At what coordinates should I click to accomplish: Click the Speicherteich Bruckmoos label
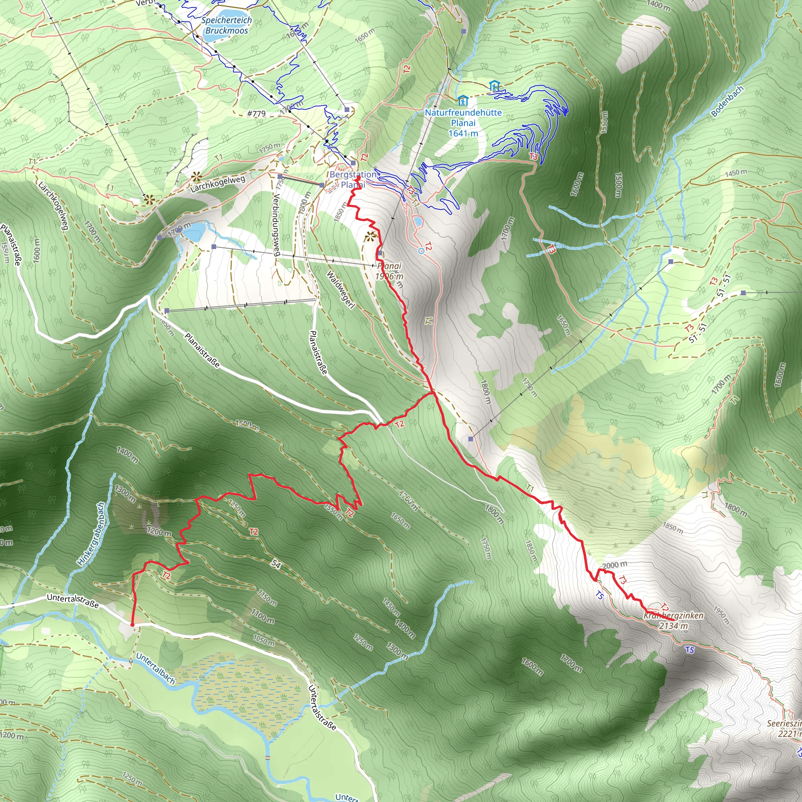click(226, 25)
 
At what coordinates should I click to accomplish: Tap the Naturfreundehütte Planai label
click(463, 123)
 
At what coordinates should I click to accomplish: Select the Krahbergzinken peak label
click(673, 620)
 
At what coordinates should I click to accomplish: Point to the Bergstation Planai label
click(352, 179)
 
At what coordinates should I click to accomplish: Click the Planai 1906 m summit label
click(389, 271)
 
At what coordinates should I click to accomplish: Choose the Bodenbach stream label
click(727, 101)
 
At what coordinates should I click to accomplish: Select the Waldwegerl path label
click(341, 290)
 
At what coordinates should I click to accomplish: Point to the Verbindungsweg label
click(277, 224)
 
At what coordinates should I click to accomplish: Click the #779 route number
click(256, 113)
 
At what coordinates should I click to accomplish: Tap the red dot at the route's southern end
click(132, 624)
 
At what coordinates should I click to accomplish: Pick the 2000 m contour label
click(615, 565)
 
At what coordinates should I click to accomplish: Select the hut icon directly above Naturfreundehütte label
click(462, 101)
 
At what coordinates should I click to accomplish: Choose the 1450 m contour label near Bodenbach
click(736, 172)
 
